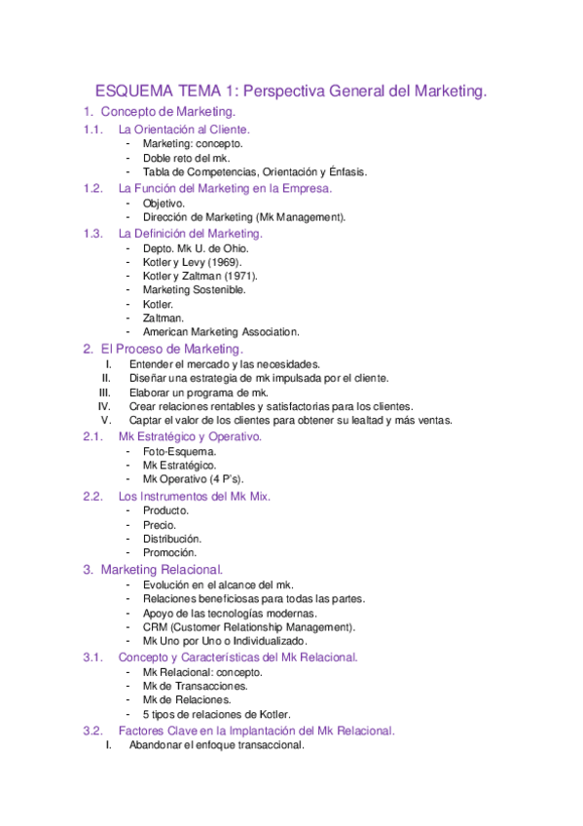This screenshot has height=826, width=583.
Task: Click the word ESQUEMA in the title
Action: pos(124,92)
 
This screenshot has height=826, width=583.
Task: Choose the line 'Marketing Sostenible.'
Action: pos(194,289)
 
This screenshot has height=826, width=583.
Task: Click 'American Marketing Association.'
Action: pos(221,331)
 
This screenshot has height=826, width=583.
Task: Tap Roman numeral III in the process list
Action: pos(107,392)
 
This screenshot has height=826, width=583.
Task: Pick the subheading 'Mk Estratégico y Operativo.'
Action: pos(190,437)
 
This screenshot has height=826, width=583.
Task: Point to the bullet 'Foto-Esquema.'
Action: pos(180,452)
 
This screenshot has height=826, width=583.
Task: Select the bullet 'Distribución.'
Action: pos(172,539)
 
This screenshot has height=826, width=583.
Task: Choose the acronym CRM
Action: pos(154,627)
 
